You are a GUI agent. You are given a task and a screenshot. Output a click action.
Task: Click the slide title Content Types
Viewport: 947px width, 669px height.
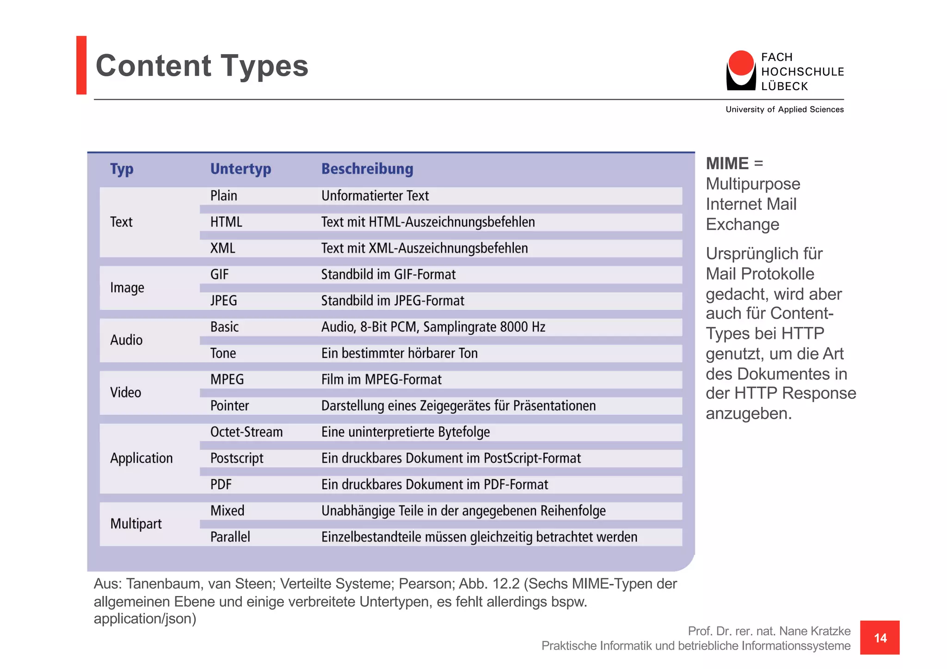202,66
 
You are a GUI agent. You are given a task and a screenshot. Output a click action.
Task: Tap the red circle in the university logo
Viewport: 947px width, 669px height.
741,63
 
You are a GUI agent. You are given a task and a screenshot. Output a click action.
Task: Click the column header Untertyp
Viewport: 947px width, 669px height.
240,169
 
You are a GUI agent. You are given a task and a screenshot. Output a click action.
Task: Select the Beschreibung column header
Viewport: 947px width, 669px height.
367,169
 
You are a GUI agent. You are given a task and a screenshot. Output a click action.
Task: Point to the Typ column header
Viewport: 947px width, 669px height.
122,169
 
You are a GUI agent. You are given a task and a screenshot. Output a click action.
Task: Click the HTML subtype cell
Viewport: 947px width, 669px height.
226,222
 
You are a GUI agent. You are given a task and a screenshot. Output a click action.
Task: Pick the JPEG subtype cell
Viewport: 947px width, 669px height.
223,301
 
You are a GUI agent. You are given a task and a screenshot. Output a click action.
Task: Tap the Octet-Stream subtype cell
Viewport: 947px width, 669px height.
246,432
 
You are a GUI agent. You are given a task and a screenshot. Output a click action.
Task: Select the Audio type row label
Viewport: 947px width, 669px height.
126,340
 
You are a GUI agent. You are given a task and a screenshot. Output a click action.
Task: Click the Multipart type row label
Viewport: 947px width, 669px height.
136,524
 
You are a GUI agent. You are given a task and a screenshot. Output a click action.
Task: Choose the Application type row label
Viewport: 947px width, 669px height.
141,458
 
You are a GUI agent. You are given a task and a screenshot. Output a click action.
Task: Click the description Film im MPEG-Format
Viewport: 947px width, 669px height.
381,380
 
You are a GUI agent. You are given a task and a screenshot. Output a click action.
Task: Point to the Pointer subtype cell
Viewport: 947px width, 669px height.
229,405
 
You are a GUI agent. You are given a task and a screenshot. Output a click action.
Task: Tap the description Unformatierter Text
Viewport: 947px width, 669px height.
375,196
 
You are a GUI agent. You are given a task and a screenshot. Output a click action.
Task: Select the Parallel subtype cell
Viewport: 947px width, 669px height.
230,537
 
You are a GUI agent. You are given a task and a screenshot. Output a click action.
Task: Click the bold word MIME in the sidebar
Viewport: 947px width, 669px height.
727,164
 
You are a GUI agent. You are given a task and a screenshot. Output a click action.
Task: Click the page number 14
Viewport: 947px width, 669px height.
880,638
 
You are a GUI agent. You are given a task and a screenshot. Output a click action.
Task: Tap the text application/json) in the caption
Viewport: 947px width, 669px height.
145,619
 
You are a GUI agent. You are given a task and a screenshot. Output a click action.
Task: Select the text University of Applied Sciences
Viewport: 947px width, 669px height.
784,110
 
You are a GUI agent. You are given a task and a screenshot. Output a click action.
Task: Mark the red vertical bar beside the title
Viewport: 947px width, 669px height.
81,65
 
